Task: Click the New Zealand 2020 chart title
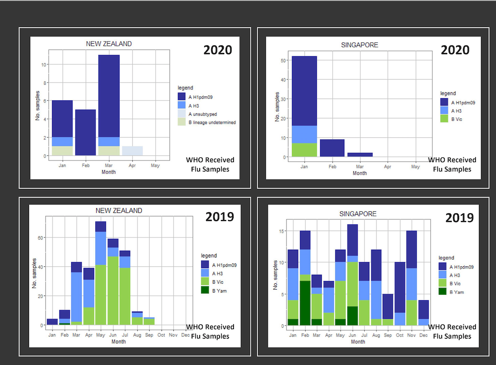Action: point(109,44)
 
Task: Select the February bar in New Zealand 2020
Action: point(86,132)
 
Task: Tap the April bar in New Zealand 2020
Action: point(132,151)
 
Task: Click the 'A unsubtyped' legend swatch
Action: point(181,114)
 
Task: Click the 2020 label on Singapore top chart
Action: point(455,50)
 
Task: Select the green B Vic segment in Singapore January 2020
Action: point(304,150)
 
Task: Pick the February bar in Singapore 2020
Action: point(332,148)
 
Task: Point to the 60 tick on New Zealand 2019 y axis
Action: point(41,238)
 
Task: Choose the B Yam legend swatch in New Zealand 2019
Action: point(205,290)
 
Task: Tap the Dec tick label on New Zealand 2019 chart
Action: point(185,335)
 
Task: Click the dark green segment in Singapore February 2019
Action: point(304,303)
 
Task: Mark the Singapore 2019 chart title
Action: point(358,214)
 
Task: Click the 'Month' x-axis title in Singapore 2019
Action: point(358,341)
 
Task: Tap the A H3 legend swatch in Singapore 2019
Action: point(443,275)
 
